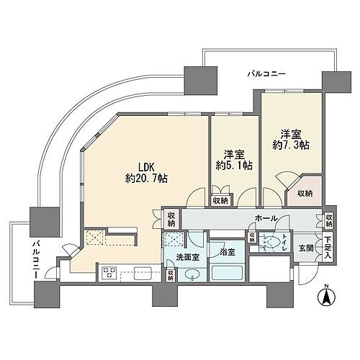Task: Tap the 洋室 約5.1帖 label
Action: point(234,159)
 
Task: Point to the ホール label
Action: point(267,217)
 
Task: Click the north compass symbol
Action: point(325,294)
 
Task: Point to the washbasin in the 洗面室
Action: point(192,275)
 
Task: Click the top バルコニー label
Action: point(266,73)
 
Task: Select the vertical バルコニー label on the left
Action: point(34,258)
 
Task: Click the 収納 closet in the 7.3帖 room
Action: point(304,192)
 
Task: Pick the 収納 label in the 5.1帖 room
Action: point(220,200)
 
